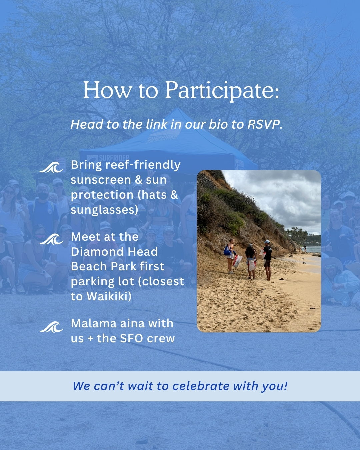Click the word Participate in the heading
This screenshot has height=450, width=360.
222,90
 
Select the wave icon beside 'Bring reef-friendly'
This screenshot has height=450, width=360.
51,167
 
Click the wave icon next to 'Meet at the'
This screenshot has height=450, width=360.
51,239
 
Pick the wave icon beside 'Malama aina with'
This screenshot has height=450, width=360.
51,327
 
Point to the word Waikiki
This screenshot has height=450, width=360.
109,296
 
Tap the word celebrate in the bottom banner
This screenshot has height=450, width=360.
201,386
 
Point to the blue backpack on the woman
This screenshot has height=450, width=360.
227,251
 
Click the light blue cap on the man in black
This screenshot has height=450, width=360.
267,242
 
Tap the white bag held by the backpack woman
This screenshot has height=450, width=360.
237,261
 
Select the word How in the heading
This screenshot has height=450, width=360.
108,90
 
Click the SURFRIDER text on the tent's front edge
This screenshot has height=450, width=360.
114,158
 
